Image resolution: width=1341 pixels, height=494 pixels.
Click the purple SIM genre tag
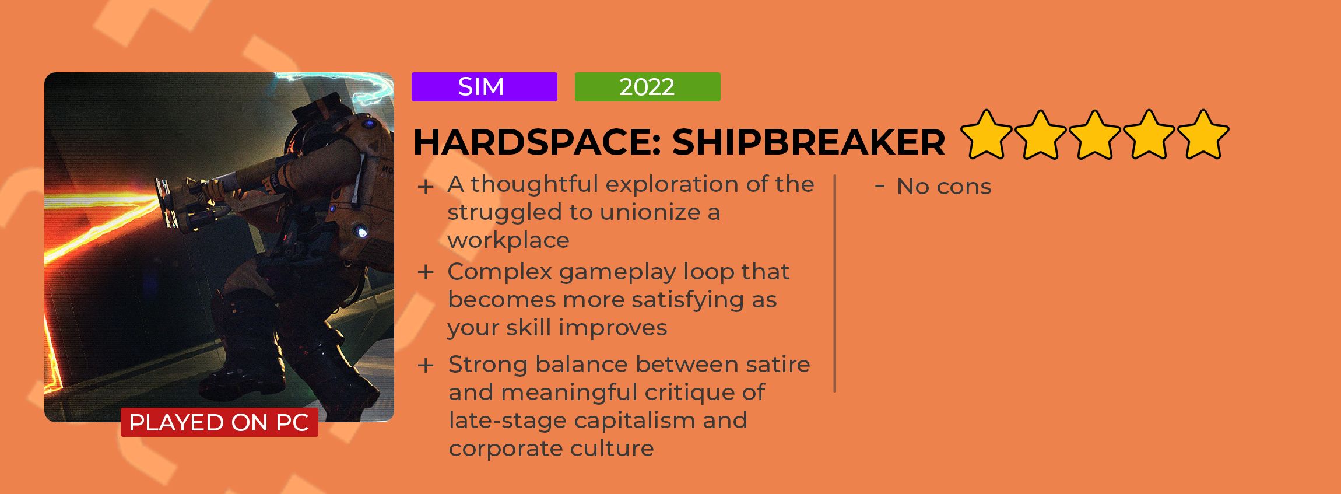click(484, 87)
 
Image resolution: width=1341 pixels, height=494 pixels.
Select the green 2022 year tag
click(647, 87)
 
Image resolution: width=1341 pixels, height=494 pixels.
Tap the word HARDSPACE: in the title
click(537, 142)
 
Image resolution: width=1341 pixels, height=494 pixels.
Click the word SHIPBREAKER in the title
click(808, 142)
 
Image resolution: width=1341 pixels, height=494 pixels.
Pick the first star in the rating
click(986, 135)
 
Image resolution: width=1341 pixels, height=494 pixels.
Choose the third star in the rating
click(1095, 135)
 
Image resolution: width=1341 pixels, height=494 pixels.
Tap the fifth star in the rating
click(1203, 135)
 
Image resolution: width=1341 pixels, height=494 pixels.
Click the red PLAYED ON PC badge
click(219, 422)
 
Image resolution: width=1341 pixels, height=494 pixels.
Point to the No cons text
click(944, 187)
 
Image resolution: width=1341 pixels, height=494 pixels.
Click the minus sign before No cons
click(880, 186)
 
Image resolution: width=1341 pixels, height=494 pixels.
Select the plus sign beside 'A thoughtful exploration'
click(426, 187)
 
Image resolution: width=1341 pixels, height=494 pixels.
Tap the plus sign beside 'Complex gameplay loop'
click(426, 272)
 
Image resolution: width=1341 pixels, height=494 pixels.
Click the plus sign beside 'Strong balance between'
click(426, 366)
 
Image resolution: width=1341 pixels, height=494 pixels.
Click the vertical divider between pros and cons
click(835, 283)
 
